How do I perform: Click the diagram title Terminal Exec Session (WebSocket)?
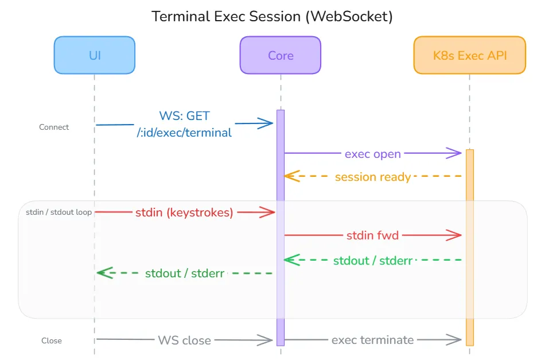point(272,16)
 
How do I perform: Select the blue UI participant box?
point(95,55)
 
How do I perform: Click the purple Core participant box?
point(281,55)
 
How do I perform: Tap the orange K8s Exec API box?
point(469,55)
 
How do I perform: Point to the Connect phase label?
point(54,127)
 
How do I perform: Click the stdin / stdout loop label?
point(59,212)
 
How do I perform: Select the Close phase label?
point(51,340)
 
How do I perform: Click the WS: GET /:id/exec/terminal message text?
point(184,124)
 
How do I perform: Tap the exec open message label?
point(372,154)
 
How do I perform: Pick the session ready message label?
point(372,177)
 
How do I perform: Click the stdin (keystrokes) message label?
point(184,212)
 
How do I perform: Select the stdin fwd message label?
point(372,235)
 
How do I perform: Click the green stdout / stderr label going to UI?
point(184,273)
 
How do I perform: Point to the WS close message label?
point(184,340)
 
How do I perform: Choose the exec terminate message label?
point(372,340)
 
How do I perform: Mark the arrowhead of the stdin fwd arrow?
point(457,234)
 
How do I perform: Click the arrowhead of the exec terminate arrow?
point(457,340)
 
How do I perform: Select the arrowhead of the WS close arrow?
point(267,340)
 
